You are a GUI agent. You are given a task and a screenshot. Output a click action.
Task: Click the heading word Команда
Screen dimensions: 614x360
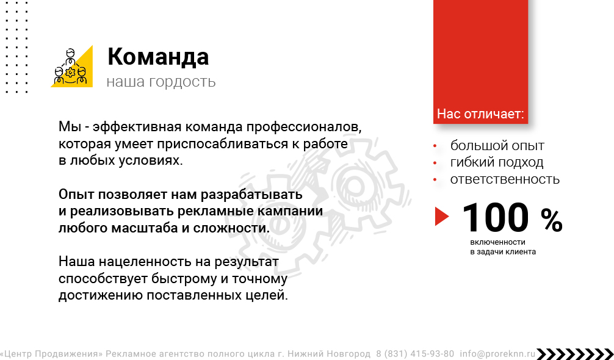158,57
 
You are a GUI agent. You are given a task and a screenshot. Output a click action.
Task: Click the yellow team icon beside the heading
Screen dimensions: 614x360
71,66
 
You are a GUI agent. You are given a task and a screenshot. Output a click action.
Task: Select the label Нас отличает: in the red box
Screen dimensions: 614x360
480,114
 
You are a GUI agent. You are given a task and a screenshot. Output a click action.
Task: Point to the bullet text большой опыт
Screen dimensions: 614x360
497,146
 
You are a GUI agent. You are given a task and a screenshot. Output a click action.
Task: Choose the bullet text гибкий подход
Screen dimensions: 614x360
497,162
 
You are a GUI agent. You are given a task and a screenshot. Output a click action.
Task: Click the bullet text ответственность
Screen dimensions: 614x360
505,179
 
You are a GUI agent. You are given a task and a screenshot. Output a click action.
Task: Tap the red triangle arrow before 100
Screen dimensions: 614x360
442,217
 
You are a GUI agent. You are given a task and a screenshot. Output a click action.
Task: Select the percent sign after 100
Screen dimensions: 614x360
552,220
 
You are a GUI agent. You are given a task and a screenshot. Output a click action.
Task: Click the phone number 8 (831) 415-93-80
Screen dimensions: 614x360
415,354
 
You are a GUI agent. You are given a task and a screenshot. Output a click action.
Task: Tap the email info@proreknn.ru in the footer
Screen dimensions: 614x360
497,354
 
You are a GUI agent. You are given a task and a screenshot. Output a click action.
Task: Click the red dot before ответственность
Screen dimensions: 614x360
435,179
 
